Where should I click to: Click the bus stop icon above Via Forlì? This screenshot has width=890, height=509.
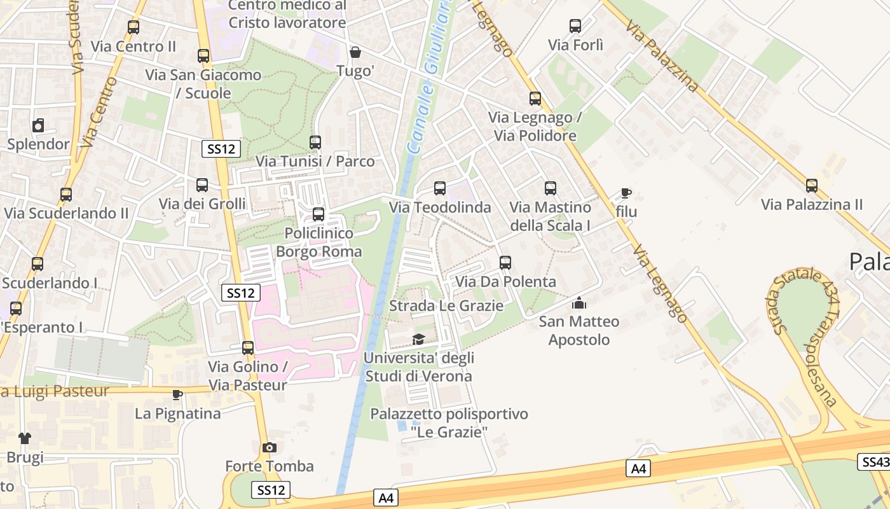(x=575, y=26)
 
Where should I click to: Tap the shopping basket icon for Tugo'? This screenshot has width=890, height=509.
(x=355, y=52)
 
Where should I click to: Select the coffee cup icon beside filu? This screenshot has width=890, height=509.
(x=626, y=193)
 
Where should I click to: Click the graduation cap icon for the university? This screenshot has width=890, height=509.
(x=418, y=339)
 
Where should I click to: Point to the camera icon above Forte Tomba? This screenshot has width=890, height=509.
(x=270, y=448)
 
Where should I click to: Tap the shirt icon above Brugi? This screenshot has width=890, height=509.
(x=25, y=438)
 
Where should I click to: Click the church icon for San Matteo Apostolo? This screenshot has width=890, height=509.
(x=579, y=303)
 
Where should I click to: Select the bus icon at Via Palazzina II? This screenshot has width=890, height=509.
(x=812, y=186)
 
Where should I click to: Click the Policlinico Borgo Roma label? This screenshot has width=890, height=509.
(x=318, y=242)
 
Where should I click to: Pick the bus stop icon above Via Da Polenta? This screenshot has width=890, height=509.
(x=505, y=262)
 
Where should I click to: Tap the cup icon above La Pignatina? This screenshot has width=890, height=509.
(x=177, y=395)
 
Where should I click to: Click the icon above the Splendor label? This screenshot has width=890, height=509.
(x=38, y=125)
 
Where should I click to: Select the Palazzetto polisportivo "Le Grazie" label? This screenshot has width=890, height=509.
(x=449, y=423)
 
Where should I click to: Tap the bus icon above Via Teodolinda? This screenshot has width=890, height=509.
(x=439, y=188)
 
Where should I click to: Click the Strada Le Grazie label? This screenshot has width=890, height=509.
(x=446, y=306)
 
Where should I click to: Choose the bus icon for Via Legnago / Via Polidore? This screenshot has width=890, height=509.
(x=535, y=99)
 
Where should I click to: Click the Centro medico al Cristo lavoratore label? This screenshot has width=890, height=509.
(x=287, y=14)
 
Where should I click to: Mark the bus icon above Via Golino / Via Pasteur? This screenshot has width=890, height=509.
(x=248, y=348)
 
